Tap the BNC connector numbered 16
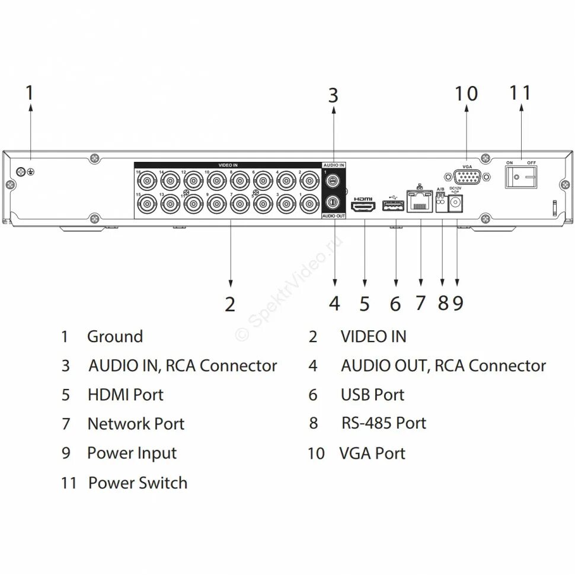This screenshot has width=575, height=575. [146, 179]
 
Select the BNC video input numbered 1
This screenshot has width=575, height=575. [308, 204]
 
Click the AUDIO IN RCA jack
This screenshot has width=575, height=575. [333, 180]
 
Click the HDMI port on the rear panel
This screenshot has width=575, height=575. [364, 207]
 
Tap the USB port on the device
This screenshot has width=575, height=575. [392, 206]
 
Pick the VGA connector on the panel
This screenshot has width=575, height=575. [466, 177]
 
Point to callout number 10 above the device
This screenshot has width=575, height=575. [466, 94]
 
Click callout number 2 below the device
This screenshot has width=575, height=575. [230, 304]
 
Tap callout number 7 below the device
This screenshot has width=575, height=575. [420, 303]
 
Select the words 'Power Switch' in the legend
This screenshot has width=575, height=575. [138, 483]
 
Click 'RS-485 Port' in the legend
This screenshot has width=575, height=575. [384, 423]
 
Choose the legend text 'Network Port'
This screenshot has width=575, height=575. [136, 424]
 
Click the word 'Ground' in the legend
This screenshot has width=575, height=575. [115, 337]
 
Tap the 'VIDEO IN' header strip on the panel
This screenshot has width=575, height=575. [228, 165]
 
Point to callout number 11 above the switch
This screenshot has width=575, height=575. [520, 94]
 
